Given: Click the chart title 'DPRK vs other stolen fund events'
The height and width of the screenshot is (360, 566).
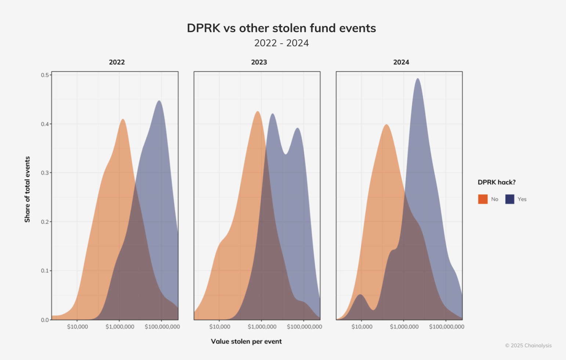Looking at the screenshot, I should (x=281, y=28).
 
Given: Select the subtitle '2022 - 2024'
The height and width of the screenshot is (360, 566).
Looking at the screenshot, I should (x=281, y=43).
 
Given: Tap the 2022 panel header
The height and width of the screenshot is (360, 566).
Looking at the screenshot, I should (x=117, y=62).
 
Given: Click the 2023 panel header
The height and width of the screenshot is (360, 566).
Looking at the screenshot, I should (x=259, y=62).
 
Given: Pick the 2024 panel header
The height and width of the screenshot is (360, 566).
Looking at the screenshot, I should (x=401, y=62).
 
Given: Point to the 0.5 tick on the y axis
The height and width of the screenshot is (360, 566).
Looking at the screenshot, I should (x=45, y=75).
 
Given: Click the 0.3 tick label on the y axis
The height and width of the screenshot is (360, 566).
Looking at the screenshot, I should (x=45, y=173).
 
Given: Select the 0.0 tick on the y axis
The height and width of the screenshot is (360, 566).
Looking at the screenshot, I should (x=45, y=320).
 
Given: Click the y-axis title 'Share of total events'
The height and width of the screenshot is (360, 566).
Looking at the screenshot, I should (x=27, y=189).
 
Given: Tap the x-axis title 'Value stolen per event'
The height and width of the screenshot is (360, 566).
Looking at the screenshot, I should (x=246, y=341).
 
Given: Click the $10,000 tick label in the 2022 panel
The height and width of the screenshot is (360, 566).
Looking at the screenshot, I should (x=77, y=327).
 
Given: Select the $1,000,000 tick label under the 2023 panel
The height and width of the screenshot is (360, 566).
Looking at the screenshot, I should (x=262, y=327).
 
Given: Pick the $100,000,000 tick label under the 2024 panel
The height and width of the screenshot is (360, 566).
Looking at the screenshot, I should (x=446, y=327).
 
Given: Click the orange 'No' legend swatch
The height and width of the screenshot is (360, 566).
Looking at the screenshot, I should (x=483, y=199).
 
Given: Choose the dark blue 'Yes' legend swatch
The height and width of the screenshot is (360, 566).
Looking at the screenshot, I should (x=509, y=199).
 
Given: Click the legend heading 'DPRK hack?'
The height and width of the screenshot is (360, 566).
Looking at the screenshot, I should (x=496, y=182).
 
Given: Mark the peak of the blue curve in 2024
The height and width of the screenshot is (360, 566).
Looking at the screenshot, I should (x=417, y=79).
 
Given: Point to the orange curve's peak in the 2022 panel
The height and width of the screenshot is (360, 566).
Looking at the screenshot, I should (x=123, y=119).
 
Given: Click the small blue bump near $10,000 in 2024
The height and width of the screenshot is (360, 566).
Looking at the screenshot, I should (x=360, y=295).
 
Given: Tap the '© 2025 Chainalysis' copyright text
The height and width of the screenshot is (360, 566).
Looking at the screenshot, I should (x=528, y=345).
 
